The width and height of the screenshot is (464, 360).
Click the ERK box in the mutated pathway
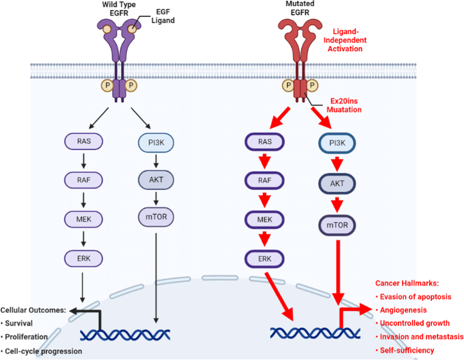[x=263, y=258]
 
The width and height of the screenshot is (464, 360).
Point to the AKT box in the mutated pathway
[x=336, y=184]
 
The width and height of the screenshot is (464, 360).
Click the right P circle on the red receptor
[x=311, y=86]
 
